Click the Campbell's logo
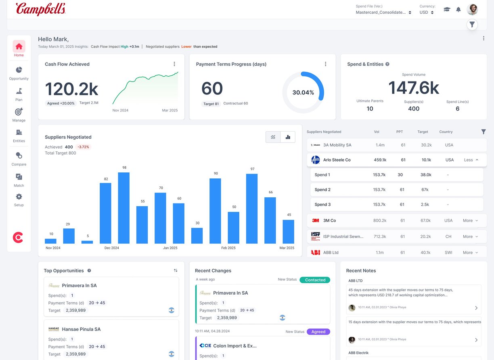(40, 9)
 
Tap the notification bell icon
(458, 9)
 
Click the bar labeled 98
(123, 208)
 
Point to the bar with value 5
(87, 242)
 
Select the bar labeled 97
(252, 209)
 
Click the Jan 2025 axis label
(170, 248)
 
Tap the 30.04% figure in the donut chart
(303, 92)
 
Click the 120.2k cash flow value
(71, 89)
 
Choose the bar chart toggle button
(288, 137)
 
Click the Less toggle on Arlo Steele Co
(471, 160)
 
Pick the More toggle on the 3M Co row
(470, 221)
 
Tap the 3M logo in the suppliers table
(315, 221)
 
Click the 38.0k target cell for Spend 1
(426, 175)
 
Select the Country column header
(446, 132)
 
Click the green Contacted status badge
(315, 280)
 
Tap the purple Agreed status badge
(318, 332)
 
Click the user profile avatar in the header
(472, 9)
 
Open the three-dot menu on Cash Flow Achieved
(174, 64)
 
